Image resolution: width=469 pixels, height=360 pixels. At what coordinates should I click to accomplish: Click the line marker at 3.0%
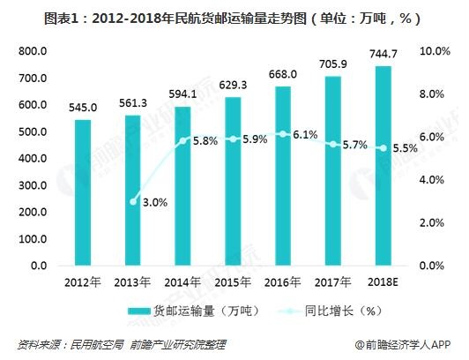click(132, 201)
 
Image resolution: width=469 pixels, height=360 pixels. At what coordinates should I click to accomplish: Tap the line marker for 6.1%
click(282, 134)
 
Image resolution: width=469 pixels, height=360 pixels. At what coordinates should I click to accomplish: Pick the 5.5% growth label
click(404, 148)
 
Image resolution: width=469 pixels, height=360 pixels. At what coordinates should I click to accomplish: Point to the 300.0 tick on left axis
click(32, 185)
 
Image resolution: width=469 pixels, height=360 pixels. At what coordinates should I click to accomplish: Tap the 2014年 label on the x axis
click(182, 281)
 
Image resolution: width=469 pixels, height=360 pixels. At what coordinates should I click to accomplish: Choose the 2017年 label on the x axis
click(332, 281)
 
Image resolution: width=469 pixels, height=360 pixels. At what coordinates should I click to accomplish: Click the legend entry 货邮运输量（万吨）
click(182, 311)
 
